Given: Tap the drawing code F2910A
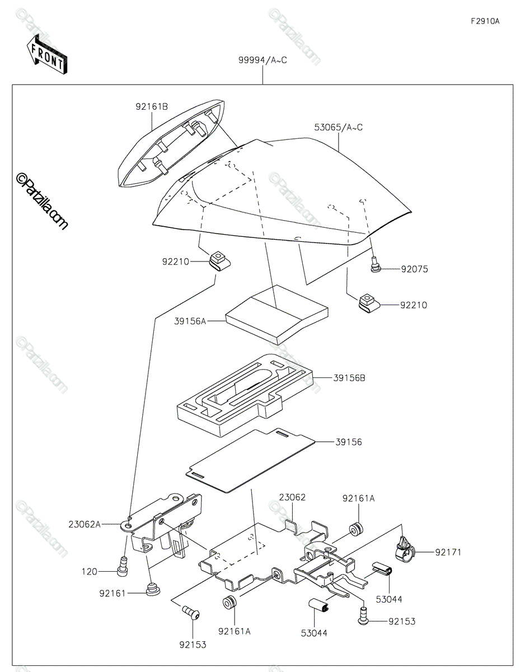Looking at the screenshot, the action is (485, 21).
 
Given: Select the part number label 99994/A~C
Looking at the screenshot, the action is (263, 60).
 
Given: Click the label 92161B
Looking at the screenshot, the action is (151, 107).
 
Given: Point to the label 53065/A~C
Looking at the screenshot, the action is (338, 127).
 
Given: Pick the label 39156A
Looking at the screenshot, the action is (190, 321).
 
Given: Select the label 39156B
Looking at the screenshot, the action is (349, 378).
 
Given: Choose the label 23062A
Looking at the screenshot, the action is (85, 525).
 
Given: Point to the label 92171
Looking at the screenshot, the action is (448, 552).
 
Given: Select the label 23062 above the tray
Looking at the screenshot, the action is (292, 497).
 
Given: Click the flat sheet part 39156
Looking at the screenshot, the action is (250, 460).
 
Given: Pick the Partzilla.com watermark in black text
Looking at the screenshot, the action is (42, 201).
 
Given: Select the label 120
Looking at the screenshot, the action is (90, 572).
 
